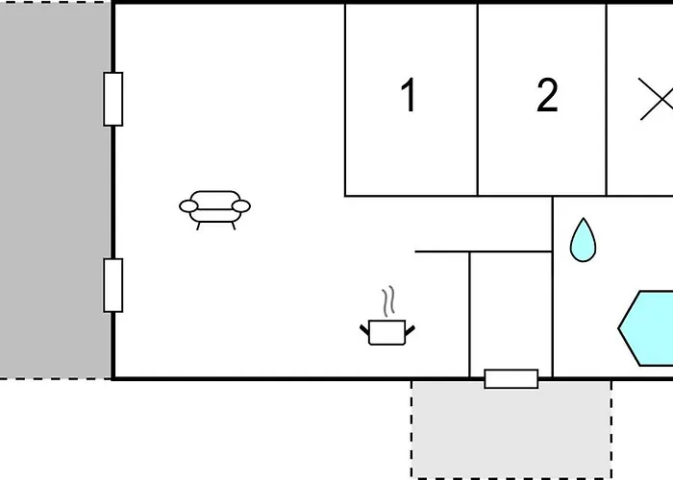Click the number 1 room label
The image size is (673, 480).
[x=409, y=95]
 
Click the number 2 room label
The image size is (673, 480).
[x=547, y=95]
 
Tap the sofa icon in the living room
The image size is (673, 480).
[x=214, y=210]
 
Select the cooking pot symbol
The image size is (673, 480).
[x=387, y=332]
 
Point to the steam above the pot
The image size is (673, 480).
[x=388, y=300]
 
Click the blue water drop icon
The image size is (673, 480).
[x=583, y=240]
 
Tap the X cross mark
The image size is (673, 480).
[x=656, y=99]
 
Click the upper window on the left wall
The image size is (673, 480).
[x=112, y=99]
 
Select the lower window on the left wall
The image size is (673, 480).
[x=112, y=285]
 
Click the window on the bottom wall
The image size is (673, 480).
[x=511, y=379]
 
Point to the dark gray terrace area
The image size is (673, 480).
[x=56, y=190]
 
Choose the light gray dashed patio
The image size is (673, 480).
[x=511, y=429]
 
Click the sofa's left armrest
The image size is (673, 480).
[x=188, y=206]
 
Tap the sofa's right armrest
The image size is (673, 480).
[x=241, y=206]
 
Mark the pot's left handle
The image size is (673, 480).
[x=364, y=329]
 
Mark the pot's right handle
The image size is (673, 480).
[x=410, y=330]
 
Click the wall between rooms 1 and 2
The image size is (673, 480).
[x=478, y=100]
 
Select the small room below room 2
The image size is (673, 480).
[x=511, y=315]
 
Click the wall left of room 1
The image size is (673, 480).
[x=345, y=100]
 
